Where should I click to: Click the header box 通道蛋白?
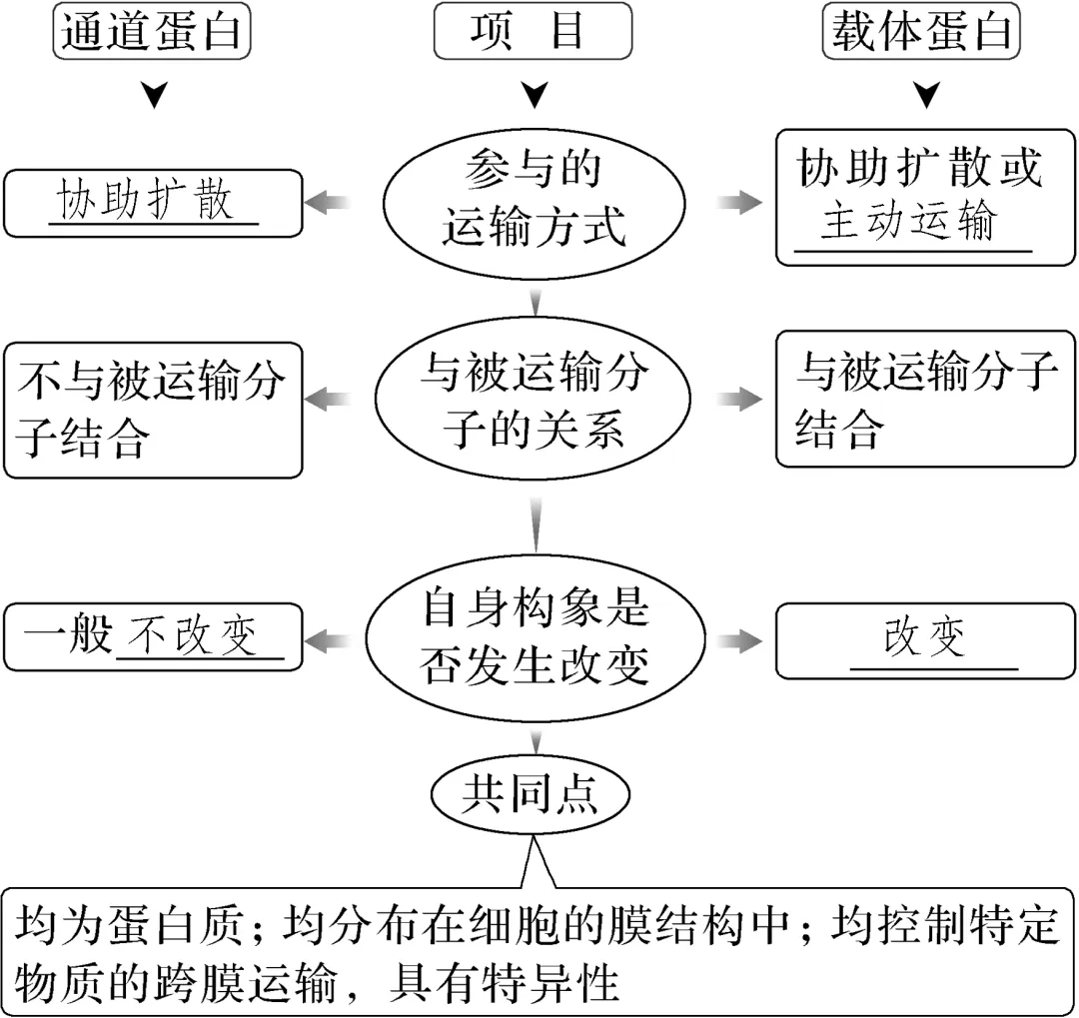coord(152,31)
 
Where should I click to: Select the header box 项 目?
coord(533,31)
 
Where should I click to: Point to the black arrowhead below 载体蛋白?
coord(927,95)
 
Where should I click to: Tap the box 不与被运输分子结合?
coord(153,411)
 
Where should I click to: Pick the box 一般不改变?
coord(153,637)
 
